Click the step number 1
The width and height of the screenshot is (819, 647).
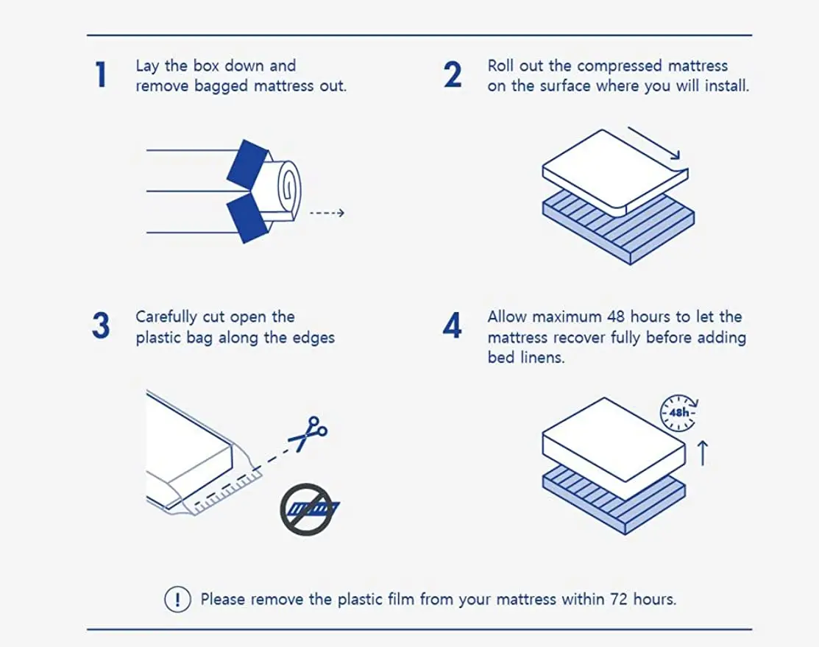pos(102,75)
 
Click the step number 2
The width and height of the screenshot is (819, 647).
pos(453,75)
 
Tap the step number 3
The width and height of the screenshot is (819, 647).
pos(101,326)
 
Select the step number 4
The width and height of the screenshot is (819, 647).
pos(453,326)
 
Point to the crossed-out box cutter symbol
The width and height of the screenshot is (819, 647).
pos(307,509)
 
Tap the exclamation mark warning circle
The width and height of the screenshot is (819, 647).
pos(177,599)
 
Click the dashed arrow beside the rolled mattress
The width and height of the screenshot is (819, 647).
pos(326,213)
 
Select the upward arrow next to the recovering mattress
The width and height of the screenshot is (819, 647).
pos(702,453)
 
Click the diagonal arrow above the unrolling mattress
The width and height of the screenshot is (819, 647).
pos(653,143)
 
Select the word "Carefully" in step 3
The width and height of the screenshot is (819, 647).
pos(166,317)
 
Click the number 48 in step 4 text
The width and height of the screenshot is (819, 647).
pos(616,317)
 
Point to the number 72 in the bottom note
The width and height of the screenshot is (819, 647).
pos(619,599)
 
